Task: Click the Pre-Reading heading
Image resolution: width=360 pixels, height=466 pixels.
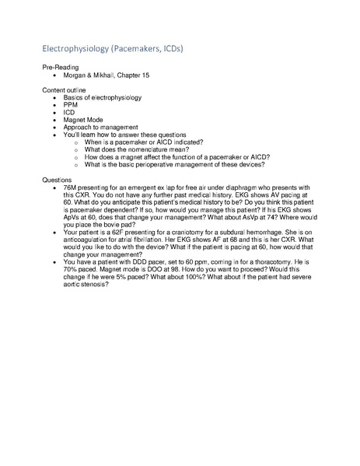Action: pyautogui.click(x=60, y=69)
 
